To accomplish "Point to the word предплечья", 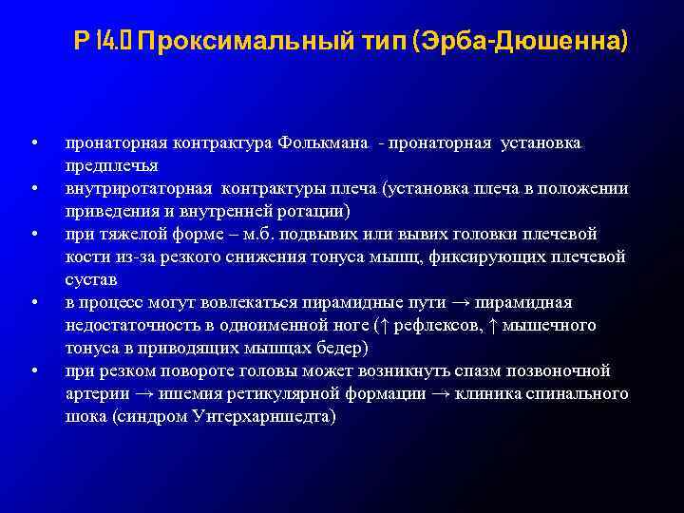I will point(105,165).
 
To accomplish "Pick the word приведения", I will point(105,210).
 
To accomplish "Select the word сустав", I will point(91,280).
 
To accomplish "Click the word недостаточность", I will point(127,325).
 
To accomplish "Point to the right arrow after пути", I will point(460,303).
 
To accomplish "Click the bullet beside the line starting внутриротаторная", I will point(33,188).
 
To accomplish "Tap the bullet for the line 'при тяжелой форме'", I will point(33,234).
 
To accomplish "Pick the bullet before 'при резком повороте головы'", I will point(33,370).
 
